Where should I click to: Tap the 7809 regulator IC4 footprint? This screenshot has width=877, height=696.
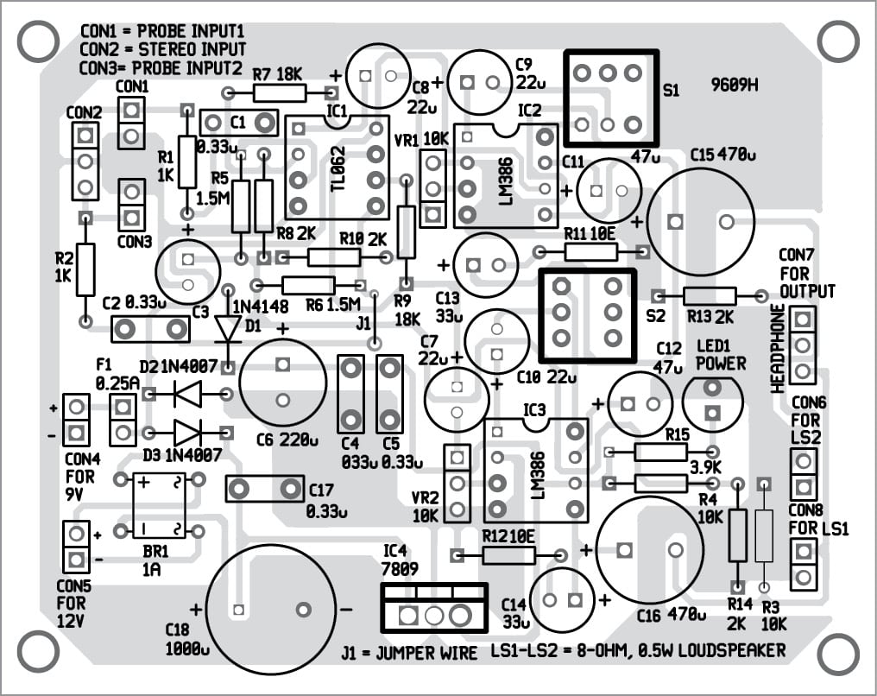[434, 607]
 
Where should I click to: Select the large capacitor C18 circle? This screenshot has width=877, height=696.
[271, 607]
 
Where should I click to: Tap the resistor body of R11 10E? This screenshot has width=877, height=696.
[591, 252]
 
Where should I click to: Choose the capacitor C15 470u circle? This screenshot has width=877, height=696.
[700, 221]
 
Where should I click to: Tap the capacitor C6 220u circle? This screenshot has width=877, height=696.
[282, 383]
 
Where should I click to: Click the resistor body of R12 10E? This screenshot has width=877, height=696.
[508, 555]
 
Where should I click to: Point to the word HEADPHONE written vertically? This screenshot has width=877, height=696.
[779, 348]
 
